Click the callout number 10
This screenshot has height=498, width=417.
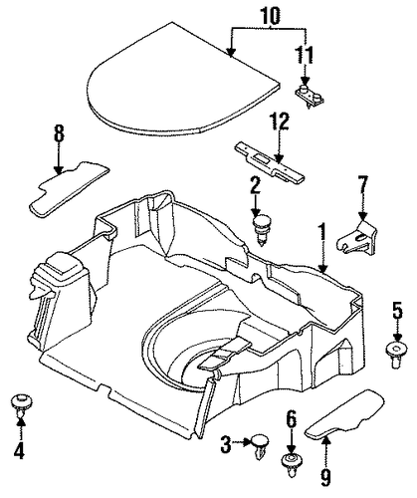pyautogui.click(x=270, y=16)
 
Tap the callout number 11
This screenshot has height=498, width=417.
pyautogui.click(x=305, y=55)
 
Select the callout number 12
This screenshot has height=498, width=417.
pyautogui.click(x=280, y=122)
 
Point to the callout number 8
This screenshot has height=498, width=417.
pyautogui.click(x=59, y=134)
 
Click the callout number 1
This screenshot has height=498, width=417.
pyautogui.click(x=321, y=233)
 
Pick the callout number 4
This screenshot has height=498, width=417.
pyautogui.click(x=19, y=450)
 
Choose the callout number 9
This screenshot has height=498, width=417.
pyautogui.click(x=325, y=477)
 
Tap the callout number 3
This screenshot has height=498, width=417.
pyautogui.click(x=226, y=444)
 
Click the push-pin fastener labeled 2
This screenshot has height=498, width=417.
pyautogui.click(x=262, y=229)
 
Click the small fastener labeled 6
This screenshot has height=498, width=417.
pyautogui.click(x=292, y=464)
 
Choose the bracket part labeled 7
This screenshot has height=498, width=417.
pyautogui.click(x=357, y=237)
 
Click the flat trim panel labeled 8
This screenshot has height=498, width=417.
pyautogui.click(x=69, y=189)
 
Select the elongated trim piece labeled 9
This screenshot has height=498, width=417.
pyautogui.click(x=345, y=413)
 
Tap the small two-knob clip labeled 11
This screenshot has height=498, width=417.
pyautogui.click(x=310, y=96)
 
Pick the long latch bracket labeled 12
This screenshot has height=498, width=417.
pyautogui.click(x=270, y=161)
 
